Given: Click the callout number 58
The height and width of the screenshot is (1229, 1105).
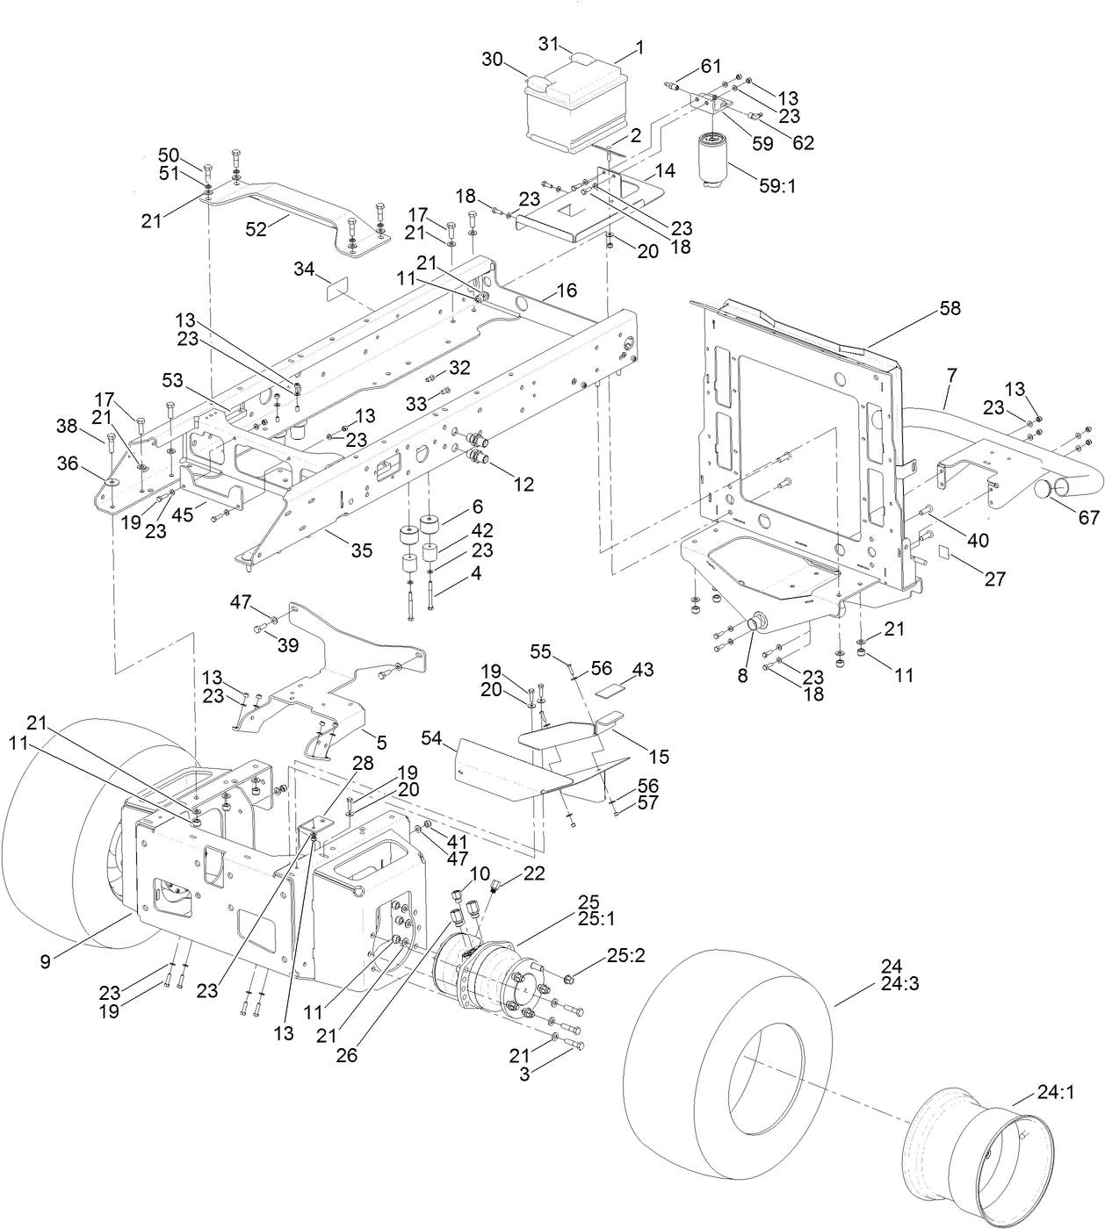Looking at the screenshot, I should (x=950, y=308).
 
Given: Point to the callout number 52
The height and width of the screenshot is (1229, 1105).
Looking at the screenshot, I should (x=256, y=229).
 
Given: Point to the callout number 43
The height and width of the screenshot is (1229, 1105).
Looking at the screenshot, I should (x=643, y=670).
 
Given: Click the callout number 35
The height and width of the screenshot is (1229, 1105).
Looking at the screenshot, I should (x=361, y=550).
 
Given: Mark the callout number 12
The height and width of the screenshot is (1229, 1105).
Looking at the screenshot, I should (x=524, y=484).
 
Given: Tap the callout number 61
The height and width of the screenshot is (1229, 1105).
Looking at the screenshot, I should (x=711, y=66).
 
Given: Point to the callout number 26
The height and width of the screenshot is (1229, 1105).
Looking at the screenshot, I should (x=347, y=1055).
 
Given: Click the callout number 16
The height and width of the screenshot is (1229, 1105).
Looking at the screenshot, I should (x=567, y=290).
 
